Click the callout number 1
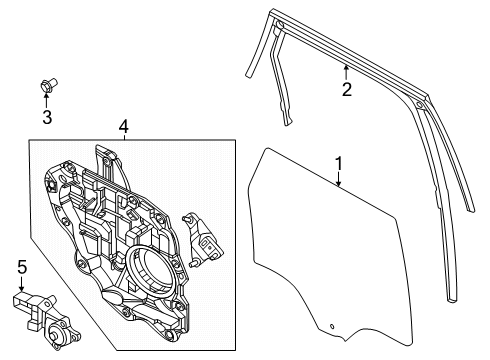(339, 163)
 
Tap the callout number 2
(346, 90)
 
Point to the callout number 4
(122, 126)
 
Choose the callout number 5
(22, 267)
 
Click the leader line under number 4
(122, 139)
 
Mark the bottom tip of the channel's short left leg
(286, 124)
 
